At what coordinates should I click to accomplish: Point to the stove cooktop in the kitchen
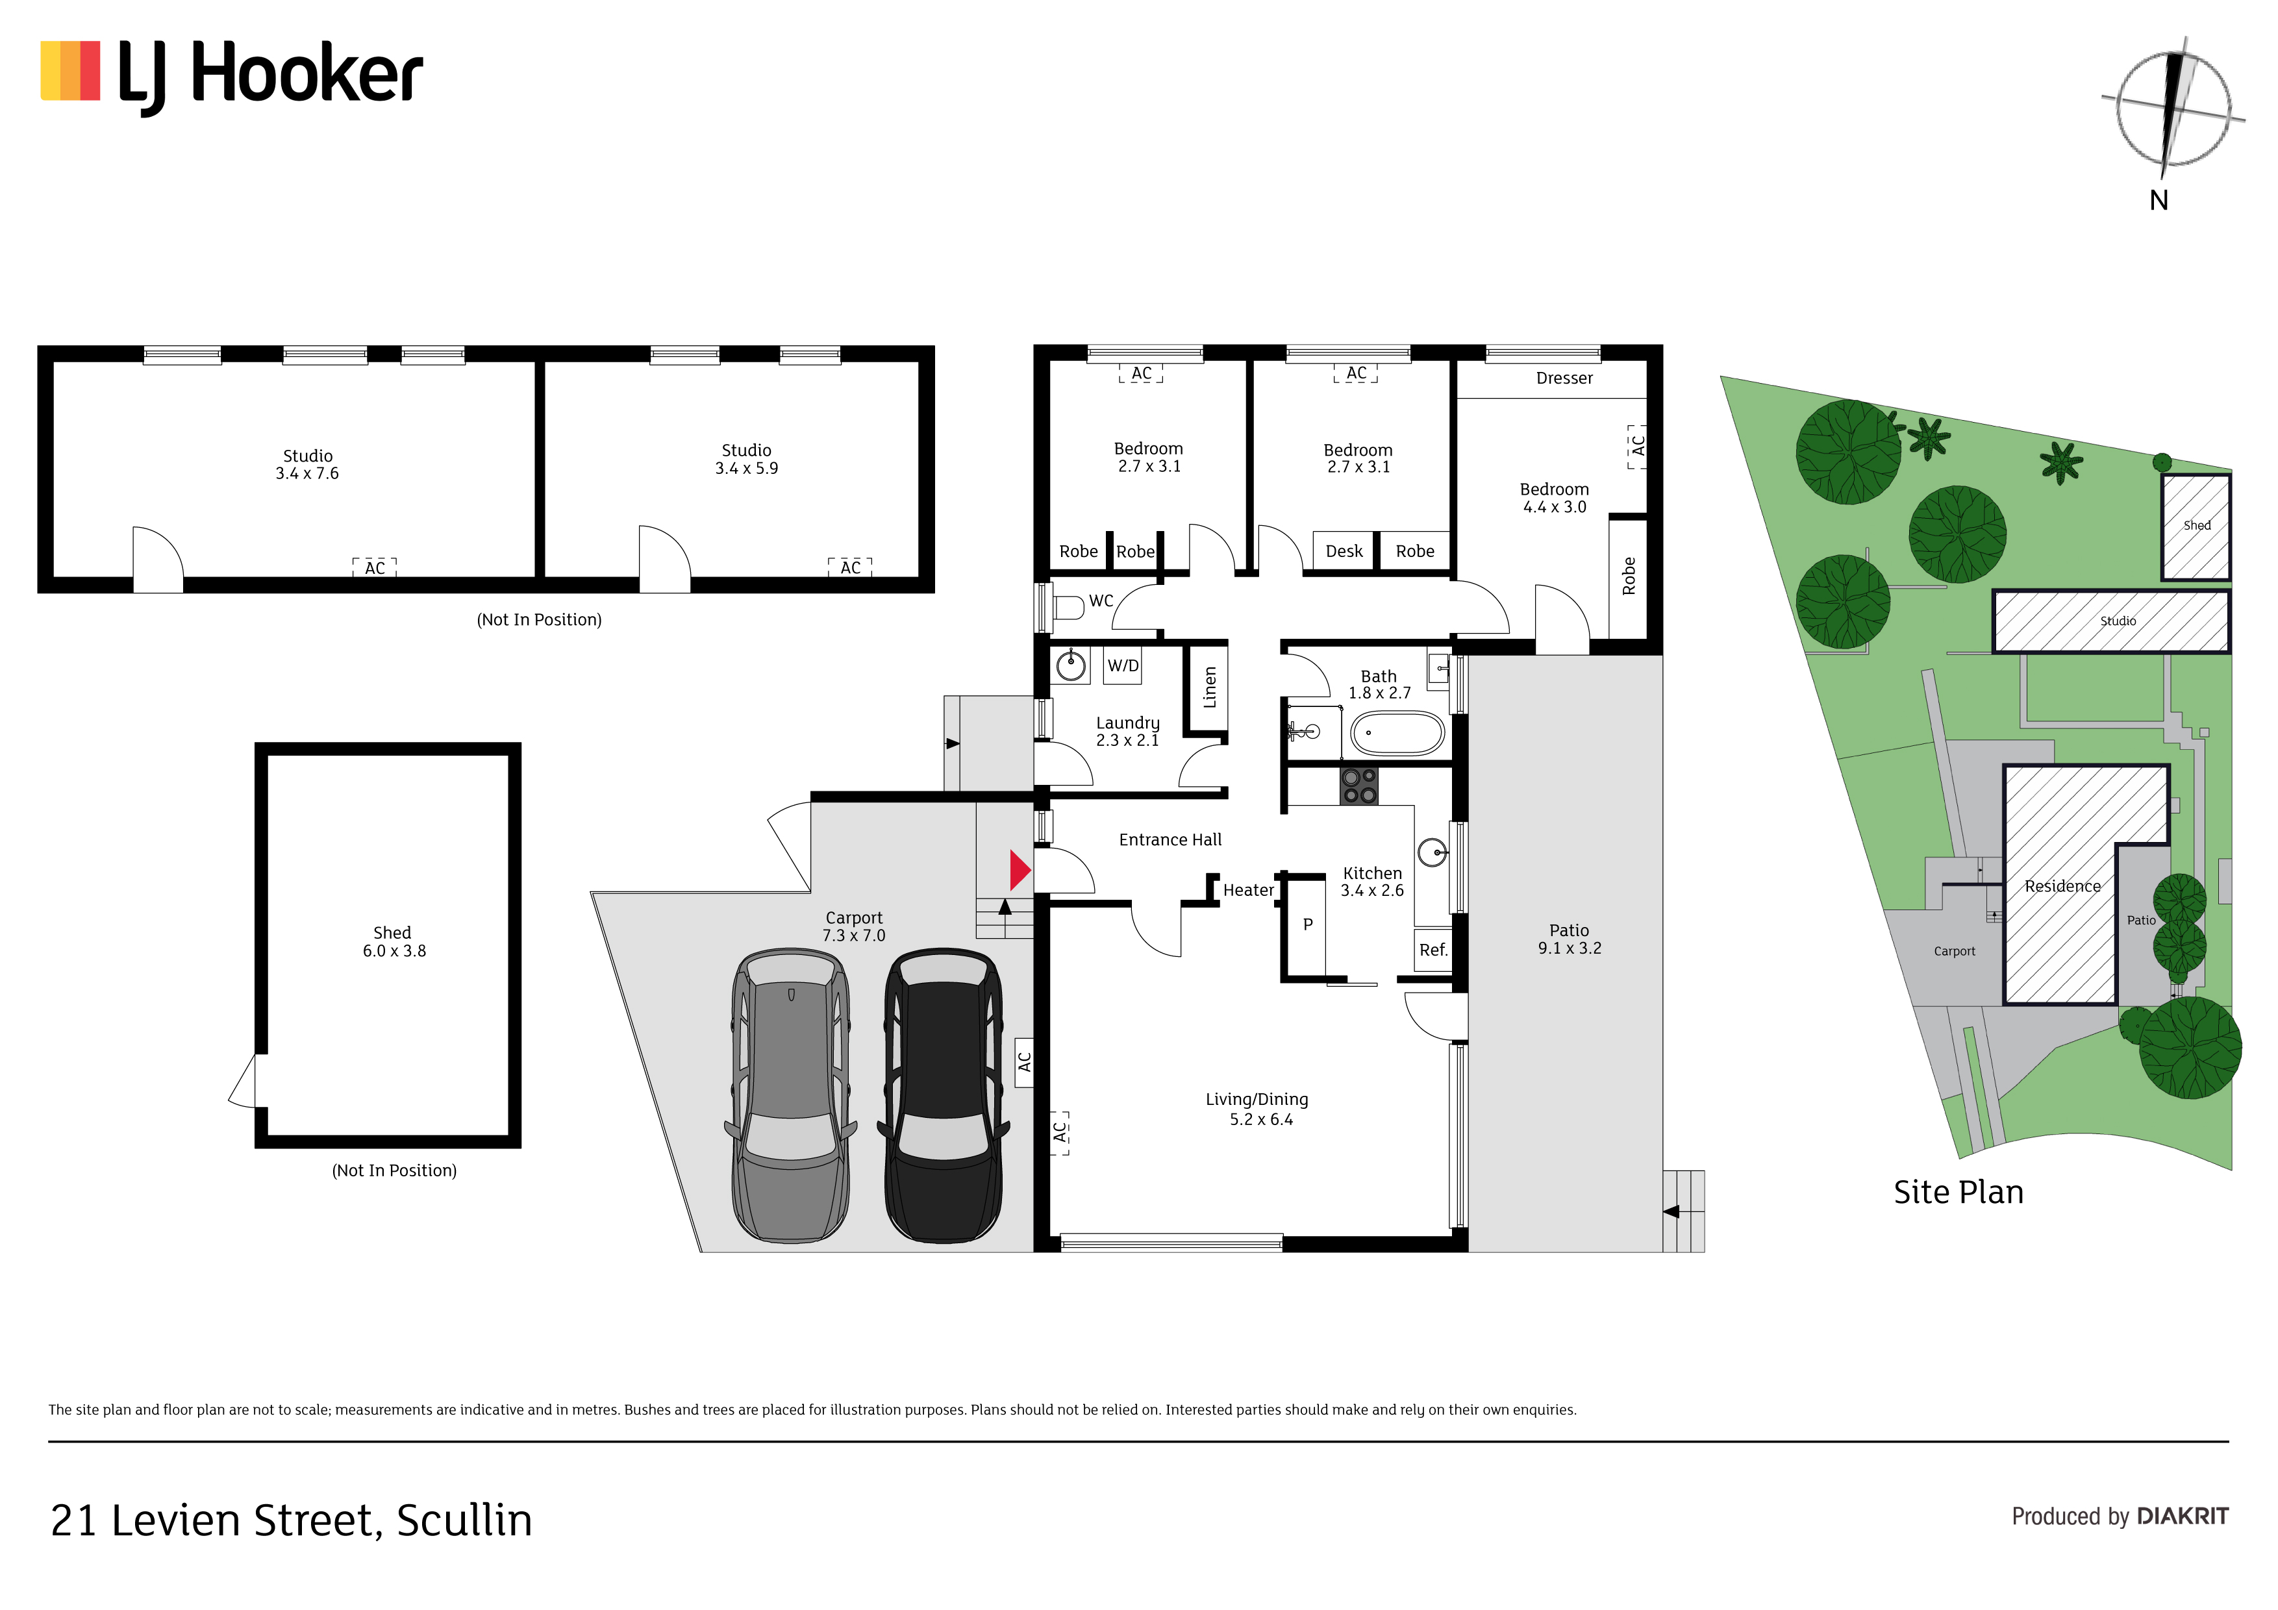(1358, 786)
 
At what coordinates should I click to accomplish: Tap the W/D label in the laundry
(1123, 665)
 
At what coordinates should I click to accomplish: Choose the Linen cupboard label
(1209, 686)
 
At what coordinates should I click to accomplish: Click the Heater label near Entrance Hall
(1248, 891)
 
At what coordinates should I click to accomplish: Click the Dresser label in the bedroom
(1564, 378)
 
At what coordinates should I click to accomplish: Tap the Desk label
(1344, 552)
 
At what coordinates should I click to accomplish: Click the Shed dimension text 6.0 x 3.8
(394, 950)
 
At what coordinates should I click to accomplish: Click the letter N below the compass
(2159, 201)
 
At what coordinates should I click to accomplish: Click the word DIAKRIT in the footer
(2183, 1516)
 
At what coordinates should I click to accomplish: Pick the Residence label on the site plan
(2062, 886)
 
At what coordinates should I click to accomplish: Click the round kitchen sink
(1432, 852)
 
